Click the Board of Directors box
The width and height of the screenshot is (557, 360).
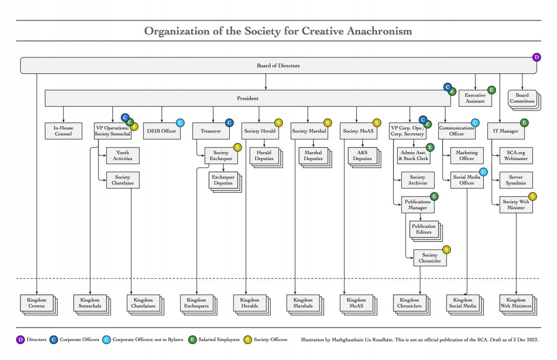278,65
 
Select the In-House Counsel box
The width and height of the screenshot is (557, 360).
63,131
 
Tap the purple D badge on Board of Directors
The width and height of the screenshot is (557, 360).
537,58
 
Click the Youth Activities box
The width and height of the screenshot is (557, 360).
123,155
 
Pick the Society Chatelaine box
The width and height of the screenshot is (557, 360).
123,180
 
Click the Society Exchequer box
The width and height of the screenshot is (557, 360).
221,155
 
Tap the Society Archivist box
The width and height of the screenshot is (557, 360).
417,180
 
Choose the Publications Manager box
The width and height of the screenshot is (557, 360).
417,205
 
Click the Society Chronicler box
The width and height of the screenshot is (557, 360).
430,258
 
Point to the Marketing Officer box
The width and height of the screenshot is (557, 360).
466,155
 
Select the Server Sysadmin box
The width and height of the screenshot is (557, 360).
516,180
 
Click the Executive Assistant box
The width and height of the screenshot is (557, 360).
475,98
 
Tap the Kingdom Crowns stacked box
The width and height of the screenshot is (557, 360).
36,303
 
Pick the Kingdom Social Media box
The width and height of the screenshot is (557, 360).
462,303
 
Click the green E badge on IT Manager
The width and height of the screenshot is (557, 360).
525,123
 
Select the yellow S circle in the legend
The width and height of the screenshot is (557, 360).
248,340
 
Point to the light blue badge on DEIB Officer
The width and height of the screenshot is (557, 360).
180,123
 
